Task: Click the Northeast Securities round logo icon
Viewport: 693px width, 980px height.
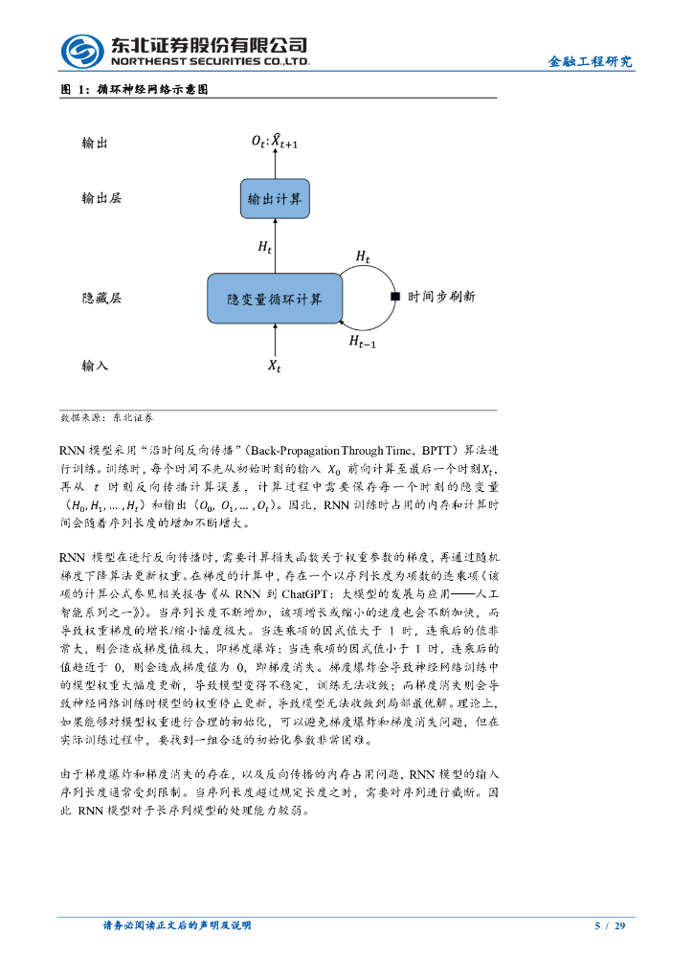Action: pos(82,51)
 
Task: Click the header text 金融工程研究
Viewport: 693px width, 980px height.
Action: pos(591,62)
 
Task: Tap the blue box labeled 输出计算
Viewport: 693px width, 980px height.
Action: pos(275,199)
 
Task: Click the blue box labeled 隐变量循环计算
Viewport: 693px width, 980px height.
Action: pos(275,298)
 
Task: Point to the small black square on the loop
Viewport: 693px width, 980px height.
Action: pos(394,298)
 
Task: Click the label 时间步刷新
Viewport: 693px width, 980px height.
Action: pos(441,298)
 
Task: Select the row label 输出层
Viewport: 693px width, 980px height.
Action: pos(101,199)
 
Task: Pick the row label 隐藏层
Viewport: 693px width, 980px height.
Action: pos(101,298)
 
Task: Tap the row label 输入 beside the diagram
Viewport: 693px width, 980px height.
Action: pos(95,366)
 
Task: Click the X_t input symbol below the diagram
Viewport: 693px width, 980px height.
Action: pos(275,367)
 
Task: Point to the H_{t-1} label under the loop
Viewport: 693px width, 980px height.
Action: pos(362,341)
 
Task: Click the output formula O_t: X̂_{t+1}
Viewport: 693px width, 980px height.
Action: pos(276,141)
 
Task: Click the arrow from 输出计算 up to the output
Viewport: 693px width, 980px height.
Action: pos(275,165)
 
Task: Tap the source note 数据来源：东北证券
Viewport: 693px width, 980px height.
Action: pos(106,418)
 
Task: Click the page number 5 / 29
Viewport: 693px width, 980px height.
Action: pos(610,926)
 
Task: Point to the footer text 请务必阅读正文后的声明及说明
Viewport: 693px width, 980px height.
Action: pos(177,926)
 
